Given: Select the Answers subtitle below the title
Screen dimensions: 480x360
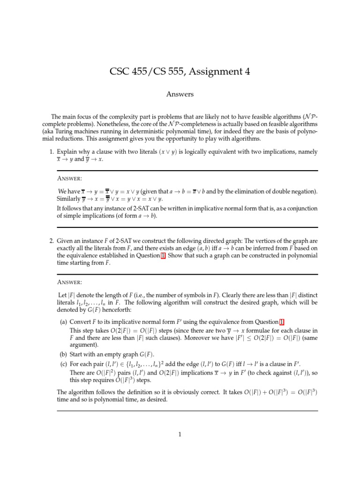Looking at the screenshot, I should (180, 94).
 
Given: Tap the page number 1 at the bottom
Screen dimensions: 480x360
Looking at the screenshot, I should (180, 435).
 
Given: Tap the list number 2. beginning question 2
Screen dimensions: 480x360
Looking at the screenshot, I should (52, 241).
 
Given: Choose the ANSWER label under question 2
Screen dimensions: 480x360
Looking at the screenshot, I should (69, 282).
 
